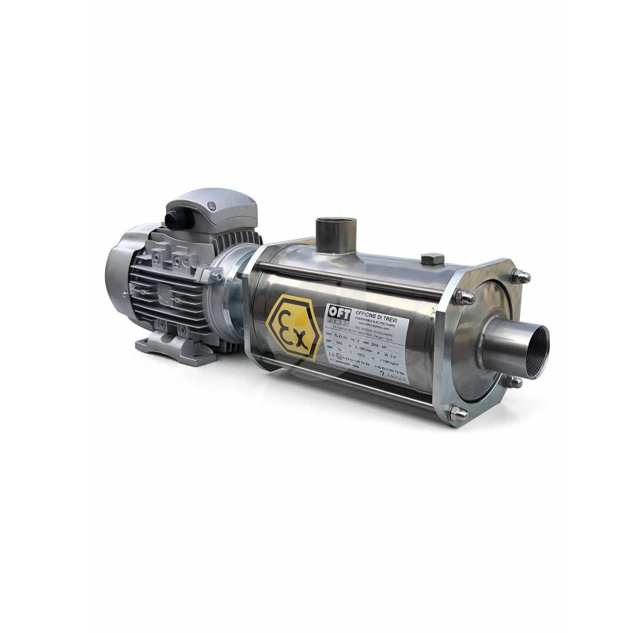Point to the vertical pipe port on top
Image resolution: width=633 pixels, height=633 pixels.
point(336,235)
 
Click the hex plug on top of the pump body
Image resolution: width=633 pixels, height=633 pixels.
point(432,259)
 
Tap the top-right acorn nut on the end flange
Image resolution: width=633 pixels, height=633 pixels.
point(520,277)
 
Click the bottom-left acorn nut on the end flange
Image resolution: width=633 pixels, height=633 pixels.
point(457,412)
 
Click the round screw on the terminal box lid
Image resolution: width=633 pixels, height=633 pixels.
point(210,207)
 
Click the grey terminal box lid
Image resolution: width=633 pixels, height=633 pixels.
point(214,209)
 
